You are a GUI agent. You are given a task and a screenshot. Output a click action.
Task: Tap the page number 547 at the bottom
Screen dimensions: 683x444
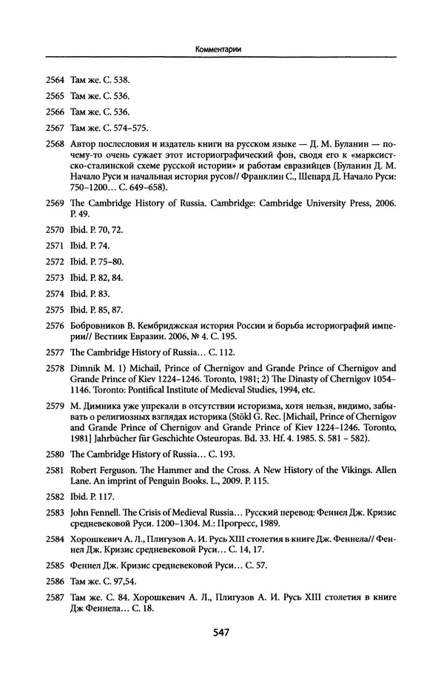coord(221,632)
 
